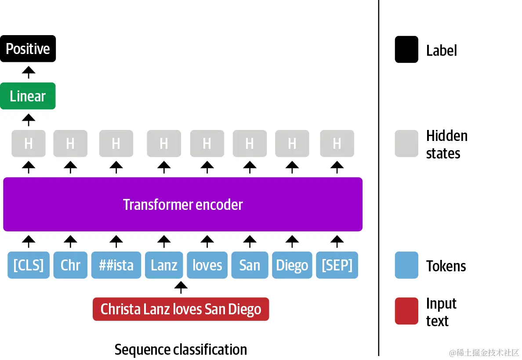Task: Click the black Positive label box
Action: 28,49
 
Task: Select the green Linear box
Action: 28,96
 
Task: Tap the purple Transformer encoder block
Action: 183,205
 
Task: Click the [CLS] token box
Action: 29,265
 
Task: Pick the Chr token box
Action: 70,265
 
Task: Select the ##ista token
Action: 116,265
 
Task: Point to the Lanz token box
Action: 164,265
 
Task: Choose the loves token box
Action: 207,265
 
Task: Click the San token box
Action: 250,265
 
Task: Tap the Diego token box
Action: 292,265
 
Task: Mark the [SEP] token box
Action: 337,265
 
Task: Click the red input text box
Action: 181,309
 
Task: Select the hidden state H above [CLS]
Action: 29,144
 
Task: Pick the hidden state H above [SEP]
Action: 337,144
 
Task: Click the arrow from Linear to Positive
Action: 29,72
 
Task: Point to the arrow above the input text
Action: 181,288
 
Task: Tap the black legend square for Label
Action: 406,50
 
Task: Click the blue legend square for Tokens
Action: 406,265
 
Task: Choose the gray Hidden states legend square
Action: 406,144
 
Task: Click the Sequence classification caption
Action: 181,349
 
